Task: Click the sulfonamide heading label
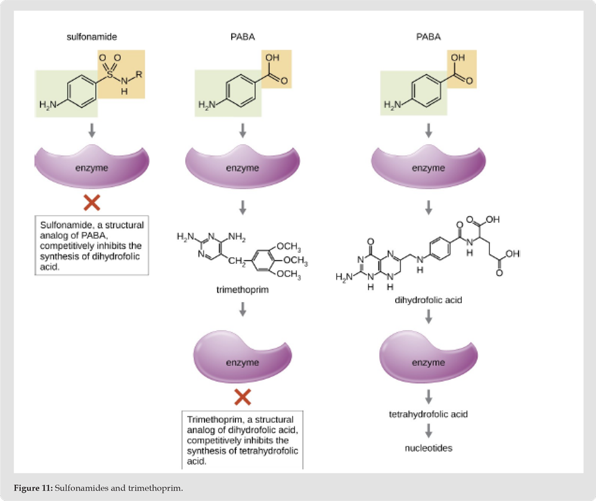[92, 37]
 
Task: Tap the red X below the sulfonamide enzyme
[92, 203]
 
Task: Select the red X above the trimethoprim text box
[243, 397]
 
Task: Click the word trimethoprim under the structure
[243, 290]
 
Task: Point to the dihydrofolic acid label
[429, 300]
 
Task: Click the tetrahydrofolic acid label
[429, 414]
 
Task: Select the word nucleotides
[429, 448]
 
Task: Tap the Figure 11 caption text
[98, 488]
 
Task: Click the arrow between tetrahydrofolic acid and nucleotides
[429, 431]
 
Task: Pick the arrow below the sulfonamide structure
[92, 130]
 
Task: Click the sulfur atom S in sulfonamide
[110, 74]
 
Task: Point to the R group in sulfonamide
[139, 74]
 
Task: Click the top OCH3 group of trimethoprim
[289, 247]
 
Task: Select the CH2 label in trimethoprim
[237, 262]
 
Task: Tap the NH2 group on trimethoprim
[237, 238]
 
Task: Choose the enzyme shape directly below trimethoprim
[243, 357]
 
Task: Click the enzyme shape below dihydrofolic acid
[429, 357]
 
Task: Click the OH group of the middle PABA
[272, 57]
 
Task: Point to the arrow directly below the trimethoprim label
[243, 309]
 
